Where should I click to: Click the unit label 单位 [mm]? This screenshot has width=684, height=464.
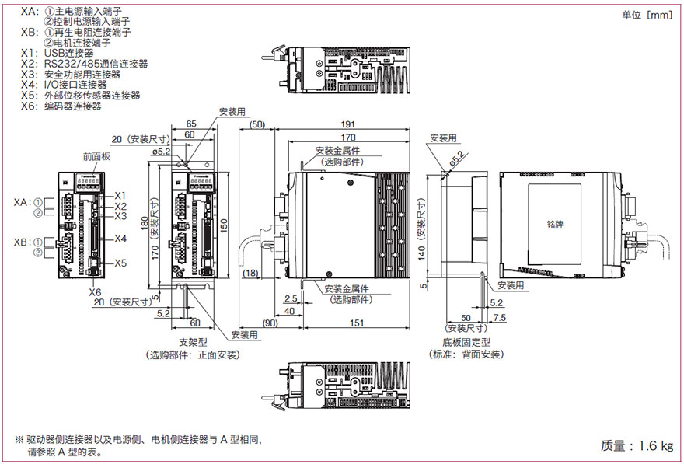647,14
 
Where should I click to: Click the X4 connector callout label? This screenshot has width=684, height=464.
120,239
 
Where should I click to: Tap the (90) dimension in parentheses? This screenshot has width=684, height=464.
271,323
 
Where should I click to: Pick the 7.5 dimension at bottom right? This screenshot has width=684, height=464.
499,318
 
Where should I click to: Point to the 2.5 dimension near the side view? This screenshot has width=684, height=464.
291,298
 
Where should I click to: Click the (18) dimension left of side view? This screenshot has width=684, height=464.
252,273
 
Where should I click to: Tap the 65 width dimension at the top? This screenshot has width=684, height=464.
191,124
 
